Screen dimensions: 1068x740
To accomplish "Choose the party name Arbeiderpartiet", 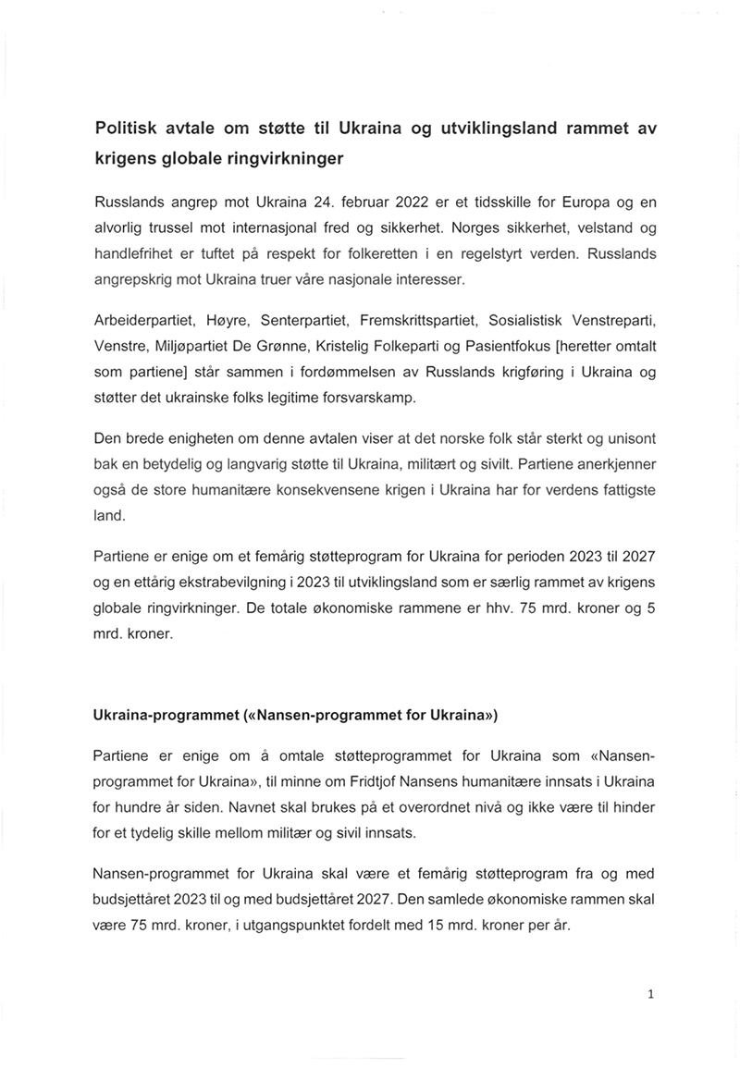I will point(146,321).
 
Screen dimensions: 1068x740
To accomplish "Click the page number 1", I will point(651,995).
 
